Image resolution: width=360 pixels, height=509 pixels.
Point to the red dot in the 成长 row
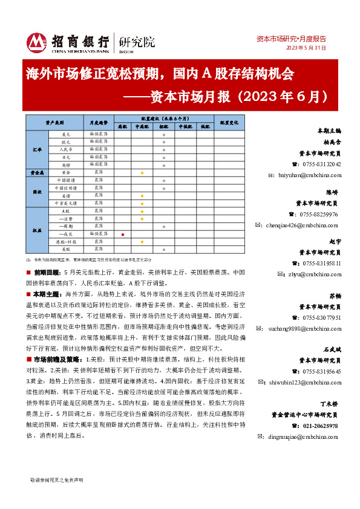coord(123,233)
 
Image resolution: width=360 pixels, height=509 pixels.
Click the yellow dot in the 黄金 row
coord(142,172)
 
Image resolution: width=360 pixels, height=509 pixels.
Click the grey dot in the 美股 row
coord(163,249)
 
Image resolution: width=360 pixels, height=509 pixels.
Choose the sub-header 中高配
coord(142,126)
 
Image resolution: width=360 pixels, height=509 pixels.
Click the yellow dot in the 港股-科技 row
coord(142,241)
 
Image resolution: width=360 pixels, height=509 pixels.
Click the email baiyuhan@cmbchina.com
coord(304,175)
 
